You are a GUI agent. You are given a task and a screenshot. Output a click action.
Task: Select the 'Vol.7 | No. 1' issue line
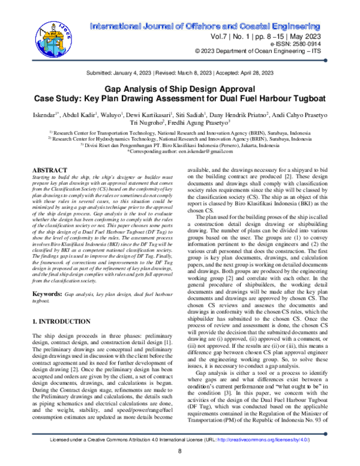(x=246, y=37)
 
